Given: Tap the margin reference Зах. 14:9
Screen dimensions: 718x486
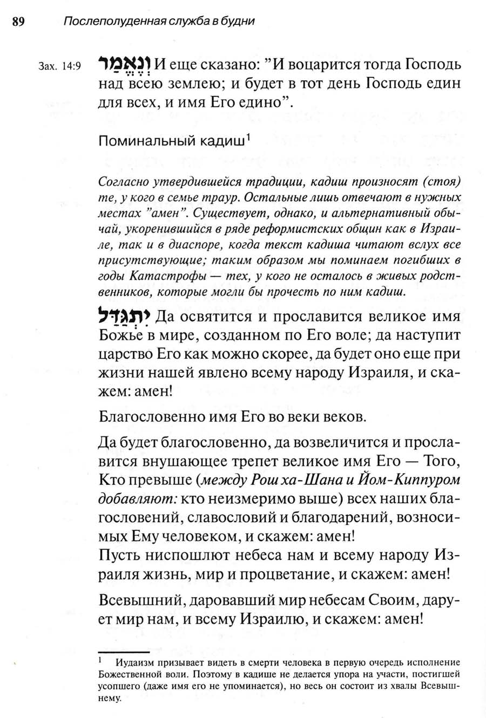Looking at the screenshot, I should point(60,67).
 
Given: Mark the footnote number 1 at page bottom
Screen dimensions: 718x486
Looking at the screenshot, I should point(101,659).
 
